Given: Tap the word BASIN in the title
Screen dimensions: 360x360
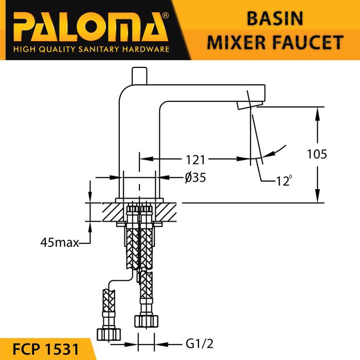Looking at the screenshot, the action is [275, 19].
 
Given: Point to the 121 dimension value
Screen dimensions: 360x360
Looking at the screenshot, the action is [195, 160].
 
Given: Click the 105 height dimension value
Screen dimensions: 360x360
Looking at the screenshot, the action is [317, 154].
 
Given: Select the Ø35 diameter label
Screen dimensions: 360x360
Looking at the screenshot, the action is [195, 177].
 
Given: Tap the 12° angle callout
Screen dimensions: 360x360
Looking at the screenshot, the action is [284, 181].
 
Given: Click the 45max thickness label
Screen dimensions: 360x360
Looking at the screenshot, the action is [60, 242].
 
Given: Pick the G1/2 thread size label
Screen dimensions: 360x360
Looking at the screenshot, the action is [200, 344].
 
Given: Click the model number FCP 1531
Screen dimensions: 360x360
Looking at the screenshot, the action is [45, 349].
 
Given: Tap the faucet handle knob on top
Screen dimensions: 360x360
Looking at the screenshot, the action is [139, 76].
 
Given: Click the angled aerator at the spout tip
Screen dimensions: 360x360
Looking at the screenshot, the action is [249, 104].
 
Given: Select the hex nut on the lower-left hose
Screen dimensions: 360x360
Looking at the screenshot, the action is [109, 334].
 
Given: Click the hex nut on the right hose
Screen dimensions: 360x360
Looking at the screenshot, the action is [146, 321].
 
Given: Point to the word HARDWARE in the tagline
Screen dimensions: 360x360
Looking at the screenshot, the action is [146, 49].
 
